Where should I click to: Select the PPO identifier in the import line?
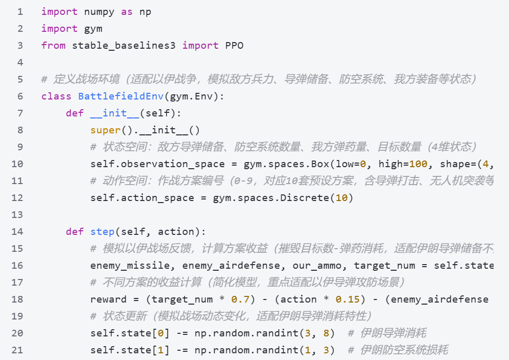234,46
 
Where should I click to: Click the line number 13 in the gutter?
17,215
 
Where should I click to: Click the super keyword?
105,130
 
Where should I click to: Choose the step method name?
102,232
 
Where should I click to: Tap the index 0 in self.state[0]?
160,333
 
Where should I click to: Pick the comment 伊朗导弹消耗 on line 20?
393,333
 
